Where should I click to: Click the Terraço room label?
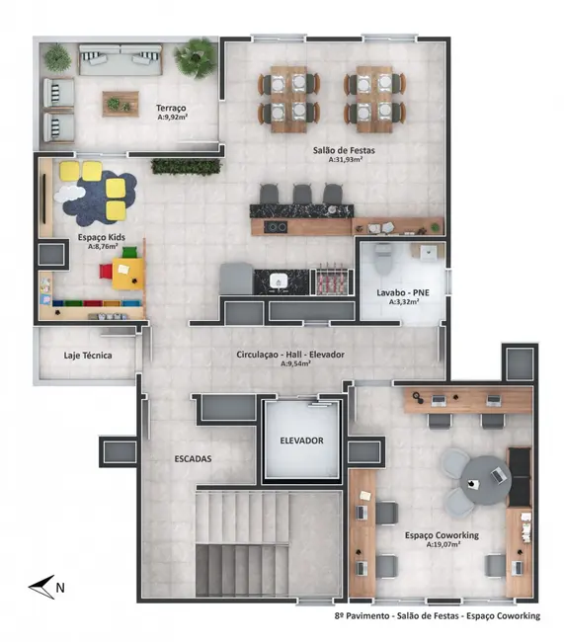click(x=171, y=107)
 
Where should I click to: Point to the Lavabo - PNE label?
click(x=397, y=293)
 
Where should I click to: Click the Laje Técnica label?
click(x=88, y=355)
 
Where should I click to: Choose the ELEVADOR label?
click(x=301, y=441)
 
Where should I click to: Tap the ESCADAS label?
click(x=194, y=458)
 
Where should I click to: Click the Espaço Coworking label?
click(x=442, y=535)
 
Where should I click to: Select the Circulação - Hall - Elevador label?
click(x=289, y=354)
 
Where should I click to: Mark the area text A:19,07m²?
click(x=441, y=545)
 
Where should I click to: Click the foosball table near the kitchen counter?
click(x=329, y=280)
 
